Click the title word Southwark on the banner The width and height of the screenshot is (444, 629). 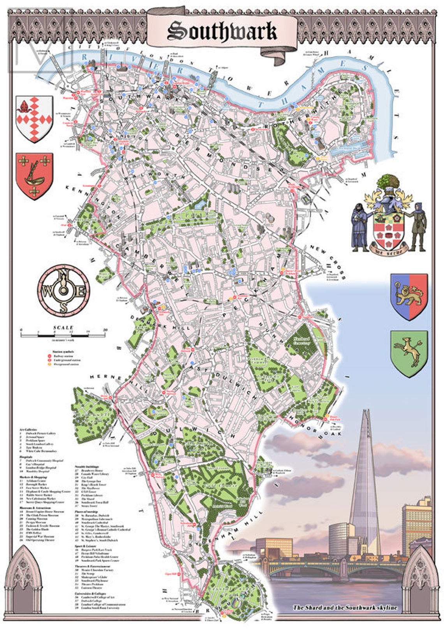(x=222, y=31)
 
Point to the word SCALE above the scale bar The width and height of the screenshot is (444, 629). (x=63, y=328)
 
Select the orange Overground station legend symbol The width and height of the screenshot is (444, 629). (x=49, y=365)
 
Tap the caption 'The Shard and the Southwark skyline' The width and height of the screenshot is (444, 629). (x=345, y=608)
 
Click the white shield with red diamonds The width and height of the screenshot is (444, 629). (x=34, y=119)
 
